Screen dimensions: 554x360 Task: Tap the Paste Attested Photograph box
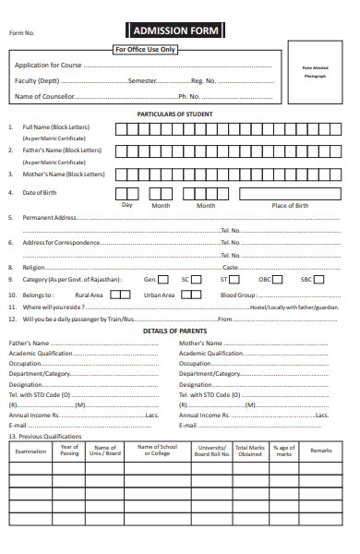tap(315, 73)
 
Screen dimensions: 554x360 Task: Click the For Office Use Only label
tap(145, 49)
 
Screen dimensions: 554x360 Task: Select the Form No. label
tap(22, 32)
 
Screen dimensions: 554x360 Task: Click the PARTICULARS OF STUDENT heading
tap(174, 114)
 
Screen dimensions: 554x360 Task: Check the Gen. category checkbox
tap(162, 279)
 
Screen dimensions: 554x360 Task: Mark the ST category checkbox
tap(237, 279)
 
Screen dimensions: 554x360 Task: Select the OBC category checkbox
tap(280, 279)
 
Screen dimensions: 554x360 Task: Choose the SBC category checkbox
tap(319, 279)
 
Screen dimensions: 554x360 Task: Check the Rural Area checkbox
tap(119, 295)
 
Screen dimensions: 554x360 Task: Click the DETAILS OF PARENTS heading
tap(174, 330)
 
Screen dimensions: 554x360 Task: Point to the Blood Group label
tap(237, 295)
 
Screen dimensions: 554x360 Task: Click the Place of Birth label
tap(290, 205)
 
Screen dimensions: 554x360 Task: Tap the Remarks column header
tap(320, 451)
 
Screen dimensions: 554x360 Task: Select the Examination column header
tap(31, 451)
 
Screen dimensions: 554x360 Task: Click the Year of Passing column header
tap(70, 451)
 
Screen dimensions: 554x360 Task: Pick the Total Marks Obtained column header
tap(249, 451)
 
